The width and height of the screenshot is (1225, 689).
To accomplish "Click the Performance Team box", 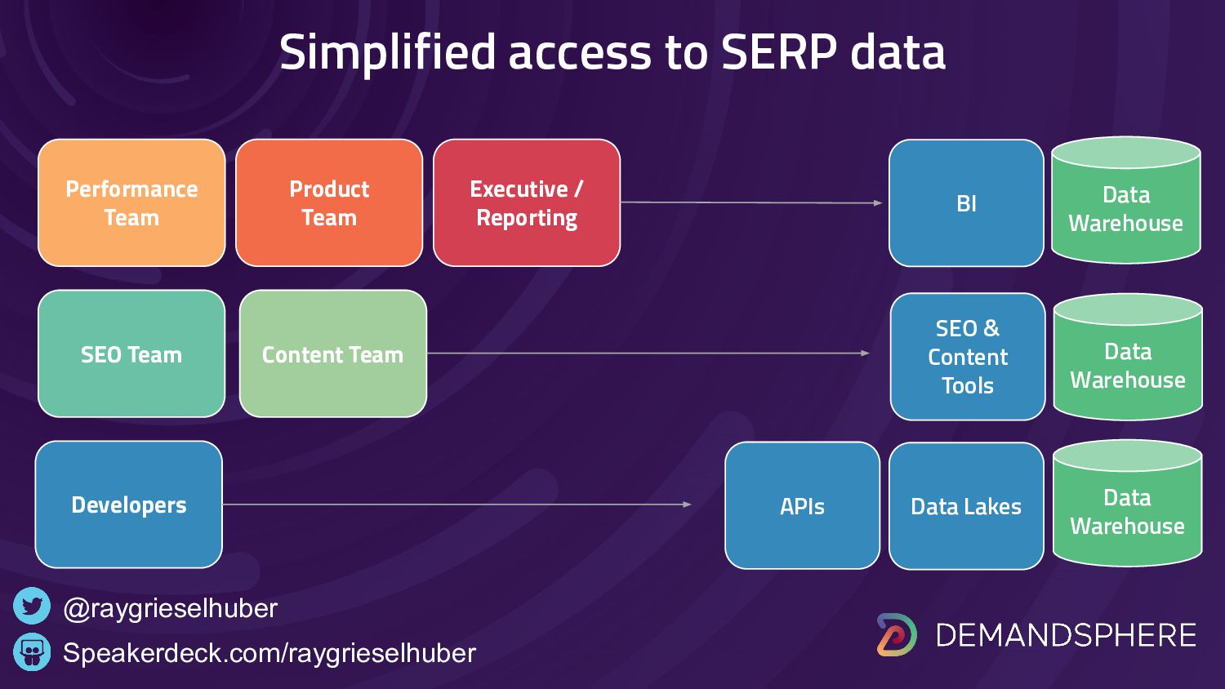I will pos(131,202).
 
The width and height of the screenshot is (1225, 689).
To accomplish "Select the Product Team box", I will pos(329,202).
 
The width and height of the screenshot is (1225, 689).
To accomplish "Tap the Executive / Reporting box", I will pos(527,202).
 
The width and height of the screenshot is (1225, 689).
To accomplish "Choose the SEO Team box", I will pos(131,353).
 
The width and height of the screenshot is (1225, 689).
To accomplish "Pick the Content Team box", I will pos(333,353).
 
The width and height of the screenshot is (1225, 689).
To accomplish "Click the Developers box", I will pos(129,505).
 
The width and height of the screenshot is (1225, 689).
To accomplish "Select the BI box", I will pos(966,202).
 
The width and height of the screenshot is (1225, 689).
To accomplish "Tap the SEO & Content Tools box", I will pos(968,357).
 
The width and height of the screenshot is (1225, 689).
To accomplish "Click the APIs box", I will pos(802,505).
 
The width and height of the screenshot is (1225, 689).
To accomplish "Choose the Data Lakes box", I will pos(966,506).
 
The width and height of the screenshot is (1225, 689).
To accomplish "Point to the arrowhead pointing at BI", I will pos(878,202).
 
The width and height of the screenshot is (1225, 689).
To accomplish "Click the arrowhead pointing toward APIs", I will pos(688,505).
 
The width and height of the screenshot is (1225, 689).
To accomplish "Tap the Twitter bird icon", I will pos(32,607).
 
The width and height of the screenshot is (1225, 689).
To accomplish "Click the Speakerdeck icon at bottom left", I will pos(32,652).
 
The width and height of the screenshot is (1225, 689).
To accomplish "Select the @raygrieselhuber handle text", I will pos(170,608).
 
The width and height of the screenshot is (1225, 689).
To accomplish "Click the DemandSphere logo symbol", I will pos(897,634).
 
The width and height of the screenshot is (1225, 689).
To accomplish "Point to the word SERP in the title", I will pos(779,52).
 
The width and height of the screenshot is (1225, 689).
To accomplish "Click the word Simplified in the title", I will pos(387,52).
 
